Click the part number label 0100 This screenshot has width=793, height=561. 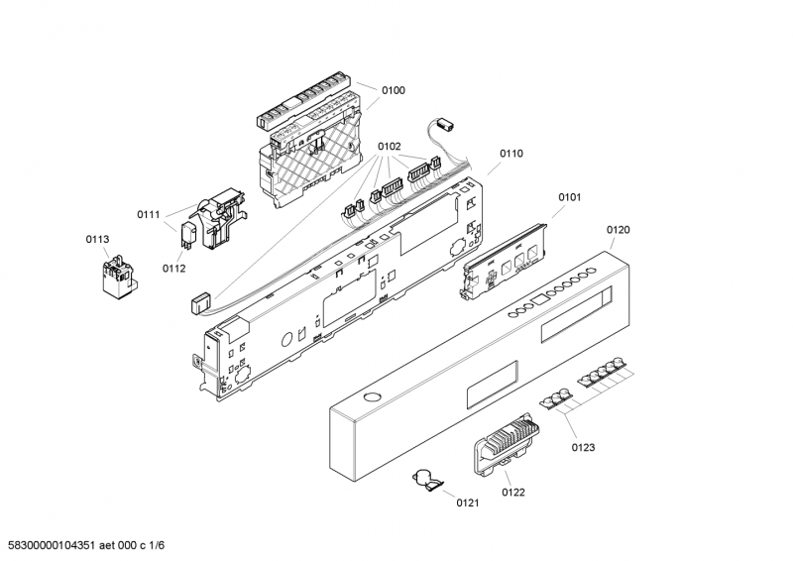point(394,91)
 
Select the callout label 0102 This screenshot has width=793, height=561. point(390,147)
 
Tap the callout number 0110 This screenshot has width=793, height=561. point(511,154)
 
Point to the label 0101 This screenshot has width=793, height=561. point(569,197)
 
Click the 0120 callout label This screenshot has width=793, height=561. point(618,230)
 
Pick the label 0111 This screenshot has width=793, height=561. point(149,215)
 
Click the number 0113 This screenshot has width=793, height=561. point(98,239)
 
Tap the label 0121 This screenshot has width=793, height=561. point(468,504)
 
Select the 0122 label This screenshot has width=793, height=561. point(513,492)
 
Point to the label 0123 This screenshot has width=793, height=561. point(583,448)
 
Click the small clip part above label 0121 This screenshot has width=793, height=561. point(428,481)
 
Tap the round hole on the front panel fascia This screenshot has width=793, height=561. point(371,397)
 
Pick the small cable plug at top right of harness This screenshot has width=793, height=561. point(443,125)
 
